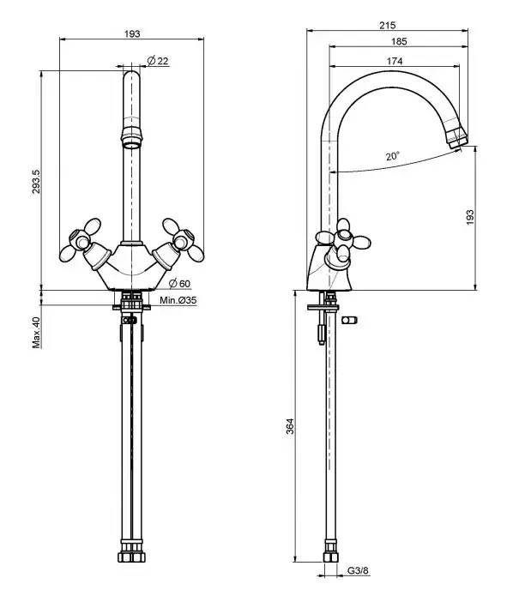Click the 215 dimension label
[388, 25]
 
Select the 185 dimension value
[399, 41]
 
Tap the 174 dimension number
[395, 61]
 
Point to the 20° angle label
[393, 156]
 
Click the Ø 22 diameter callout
[158, 61]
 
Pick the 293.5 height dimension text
[36, 181]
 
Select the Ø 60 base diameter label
[179, 283]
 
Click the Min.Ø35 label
[178, 300]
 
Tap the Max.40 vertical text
[36, 333]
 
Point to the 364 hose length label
[290, 426]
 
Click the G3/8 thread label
[358, 570]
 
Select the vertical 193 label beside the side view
[470, 217]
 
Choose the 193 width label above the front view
[132, 33]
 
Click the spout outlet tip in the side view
[457, 141]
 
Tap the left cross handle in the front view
[81, 240]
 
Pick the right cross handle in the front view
[183, 240]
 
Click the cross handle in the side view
[343, 240]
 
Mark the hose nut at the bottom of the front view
[131, 557]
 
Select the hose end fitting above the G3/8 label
[331, 557]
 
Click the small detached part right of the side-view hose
[349, 320]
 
